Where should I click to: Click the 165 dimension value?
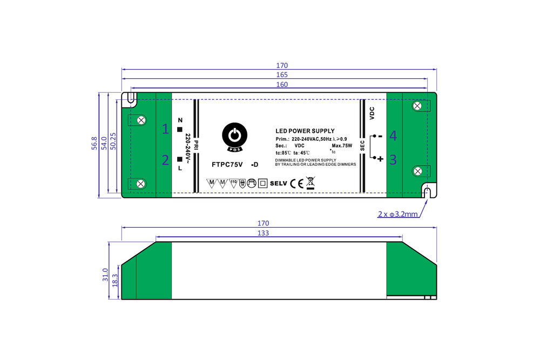coord(282,75)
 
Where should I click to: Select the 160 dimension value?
coord(282,85)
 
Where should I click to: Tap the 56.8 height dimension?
coord(94,144)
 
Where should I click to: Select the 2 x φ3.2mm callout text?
coord(397,214)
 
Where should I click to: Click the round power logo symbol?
coord(234,135)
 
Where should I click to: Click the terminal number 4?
coord(393,136)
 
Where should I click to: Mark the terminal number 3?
coord(393,160)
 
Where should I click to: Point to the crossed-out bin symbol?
coord(310,182)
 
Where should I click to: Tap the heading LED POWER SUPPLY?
coord(305,131)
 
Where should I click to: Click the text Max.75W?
coord(342,146)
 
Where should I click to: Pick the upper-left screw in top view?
coord(142,120)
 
